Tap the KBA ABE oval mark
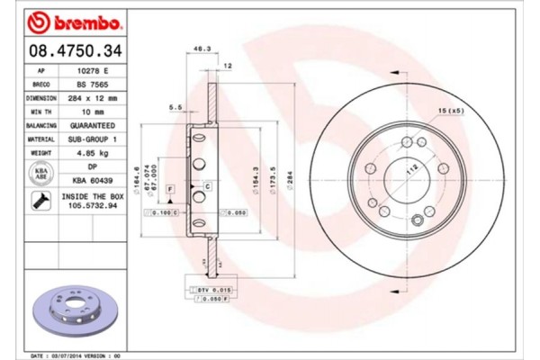pyautogui.click(x=41, y=173)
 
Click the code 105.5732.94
pyautogui.click(x=90, y=204)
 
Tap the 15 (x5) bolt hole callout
pyautogui.click(x=450, y=110)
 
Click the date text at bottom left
pyautogui.click(x=76, y=355)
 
